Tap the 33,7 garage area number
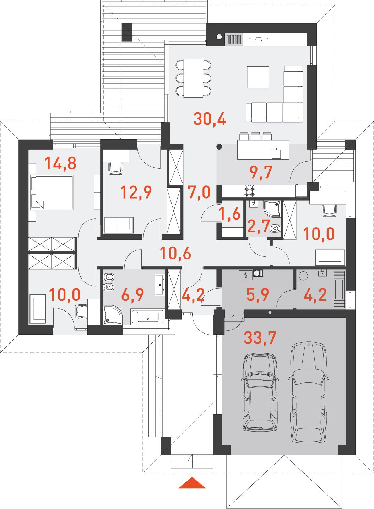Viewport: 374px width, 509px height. (x=260, y=337)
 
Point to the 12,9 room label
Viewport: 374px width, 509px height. (x=136, y=192)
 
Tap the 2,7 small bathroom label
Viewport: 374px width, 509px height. (x=258, y=226)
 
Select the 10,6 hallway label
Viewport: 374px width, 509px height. (x=175, y=253)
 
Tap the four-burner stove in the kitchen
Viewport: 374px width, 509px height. (x=250, y=191)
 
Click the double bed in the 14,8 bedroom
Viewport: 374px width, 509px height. (x=53, y=192)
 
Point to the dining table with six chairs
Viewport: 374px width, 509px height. (x=193, y=78)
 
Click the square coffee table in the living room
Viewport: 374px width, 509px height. (x=258, y=77)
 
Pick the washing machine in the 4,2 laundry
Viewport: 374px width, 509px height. (x=303, y=276)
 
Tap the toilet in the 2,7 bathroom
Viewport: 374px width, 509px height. (x=275, y=229)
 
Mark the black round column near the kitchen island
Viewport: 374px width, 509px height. (x=219, y=147)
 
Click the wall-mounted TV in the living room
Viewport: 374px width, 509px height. (x=258, y=39)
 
